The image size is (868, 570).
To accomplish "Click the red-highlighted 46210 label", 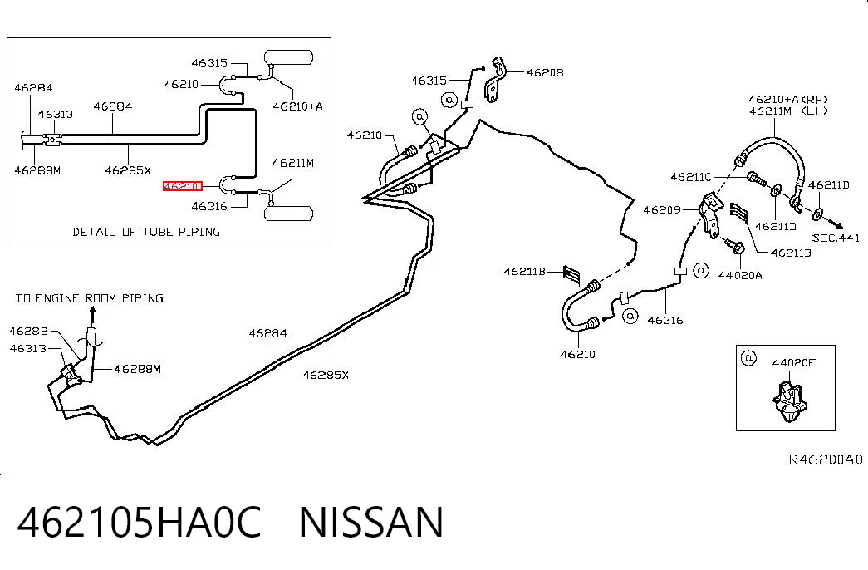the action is [x=182, y=186].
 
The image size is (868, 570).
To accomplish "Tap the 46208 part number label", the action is [x=545, y=72].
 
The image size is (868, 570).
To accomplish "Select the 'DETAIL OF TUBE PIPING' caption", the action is [x=146, y=232].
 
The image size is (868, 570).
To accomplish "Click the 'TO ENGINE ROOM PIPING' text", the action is [x=89, y=298].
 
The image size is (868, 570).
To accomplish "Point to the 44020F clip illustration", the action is [x=787, y=398].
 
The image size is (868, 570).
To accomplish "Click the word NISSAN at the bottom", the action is [x=371, y=522].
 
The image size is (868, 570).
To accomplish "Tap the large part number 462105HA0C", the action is [x=139, y=522].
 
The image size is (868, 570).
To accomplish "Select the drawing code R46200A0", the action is [x=826, y=459].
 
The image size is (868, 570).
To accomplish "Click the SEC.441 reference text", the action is [x=836, y=238].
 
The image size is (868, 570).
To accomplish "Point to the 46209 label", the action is [x=661, y=210].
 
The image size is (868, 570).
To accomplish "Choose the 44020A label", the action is [x=740, y=275].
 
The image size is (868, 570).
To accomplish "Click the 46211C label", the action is [x=691, y=177].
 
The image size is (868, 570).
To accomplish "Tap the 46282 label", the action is [x=28, y=332].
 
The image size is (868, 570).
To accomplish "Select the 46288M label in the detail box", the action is [x=37, y=170].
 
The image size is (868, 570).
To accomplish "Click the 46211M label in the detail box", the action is [x=293, y=163].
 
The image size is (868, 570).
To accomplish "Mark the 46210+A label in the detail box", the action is [x=298, y=106].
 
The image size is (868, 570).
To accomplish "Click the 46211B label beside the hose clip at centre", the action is [x=524, y=272].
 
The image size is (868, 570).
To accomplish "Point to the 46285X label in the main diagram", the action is [x=326, y=375].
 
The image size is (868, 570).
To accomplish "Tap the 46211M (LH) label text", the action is [x=788, y=111].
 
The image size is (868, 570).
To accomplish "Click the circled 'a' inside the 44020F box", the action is [x=748, y=358].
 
